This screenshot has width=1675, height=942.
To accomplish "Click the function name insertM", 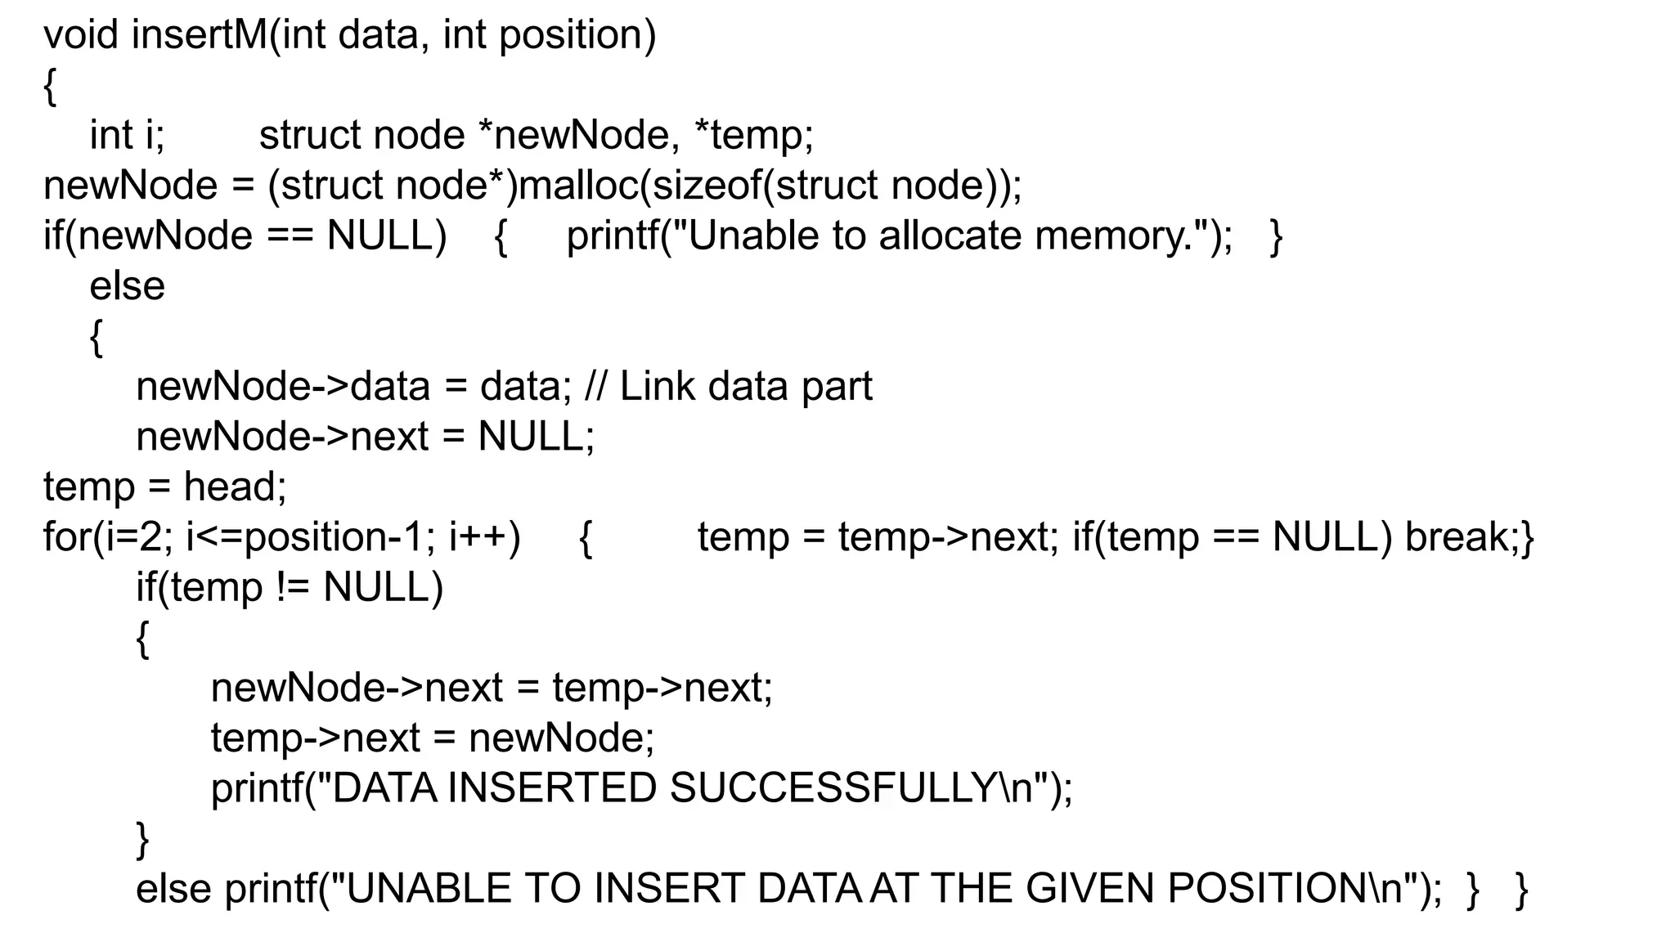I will [x=199, y=35].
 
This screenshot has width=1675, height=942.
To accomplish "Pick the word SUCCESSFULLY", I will [x=834, y=788].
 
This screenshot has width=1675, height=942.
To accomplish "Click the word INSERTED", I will [x=552, y=788].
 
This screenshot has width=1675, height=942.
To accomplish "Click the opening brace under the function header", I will [x=50, y=87].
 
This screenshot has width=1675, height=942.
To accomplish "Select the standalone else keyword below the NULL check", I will [x=127, y=286].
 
